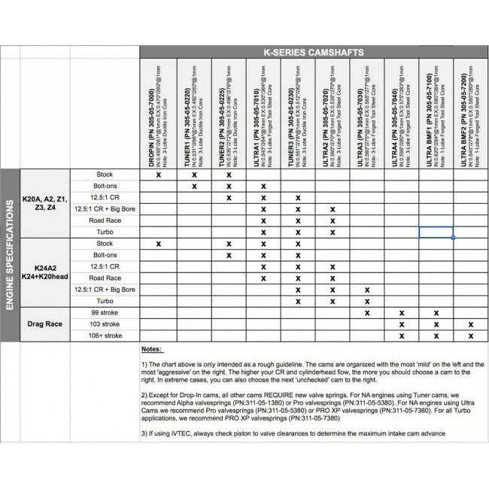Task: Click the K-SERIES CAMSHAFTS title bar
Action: pos(314,52)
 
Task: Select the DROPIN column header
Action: pos(158,113)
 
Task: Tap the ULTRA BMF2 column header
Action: pos(470,113)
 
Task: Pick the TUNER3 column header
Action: pos(297,113)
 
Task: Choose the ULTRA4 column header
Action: pos(401,113)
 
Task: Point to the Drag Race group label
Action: pos(44,323)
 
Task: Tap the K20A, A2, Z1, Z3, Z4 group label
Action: pos(44,203)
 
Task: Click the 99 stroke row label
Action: pos(105,312)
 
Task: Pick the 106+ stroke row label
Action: pos(105,336)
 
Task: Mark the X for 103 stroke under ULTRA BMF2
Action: pos(470,324)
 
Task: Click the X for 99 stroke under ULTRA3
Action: pos(367,312)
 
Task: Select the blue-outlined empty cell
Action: pos(436,232)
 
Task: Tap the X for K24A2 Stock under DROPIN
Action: pos(159,244)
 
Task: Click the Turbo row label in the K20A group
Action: pos(105,232)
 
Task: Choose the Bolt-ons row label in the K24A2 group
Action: pos(105,255)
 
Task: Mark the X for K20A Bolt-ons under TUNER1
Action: pos(194,186)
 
